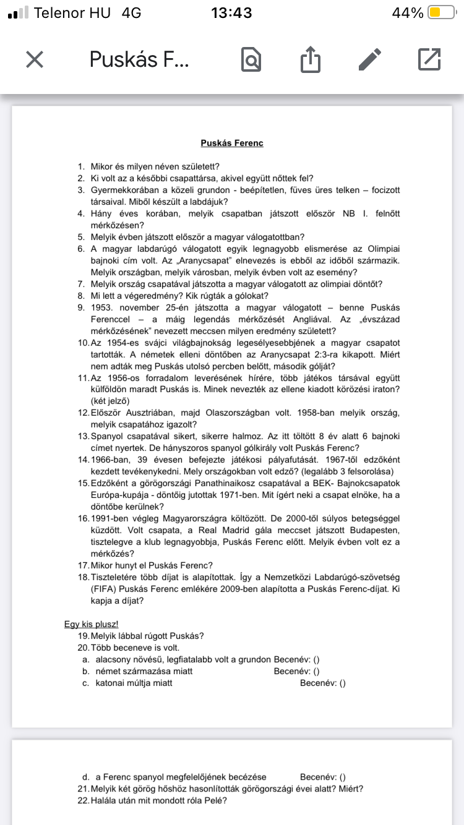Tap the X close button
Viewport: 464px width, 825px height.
35,59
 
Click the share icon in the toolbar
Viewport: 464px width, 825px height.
311,59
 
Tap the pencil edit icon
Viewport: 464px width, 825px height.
371,59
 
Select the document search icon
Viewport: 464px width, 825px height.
251,59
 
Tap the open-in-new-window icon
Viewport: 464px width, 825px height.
429,59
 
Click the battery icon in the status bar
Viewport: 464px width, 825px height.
442,13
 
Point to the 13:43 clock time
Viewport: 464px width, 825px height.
231,13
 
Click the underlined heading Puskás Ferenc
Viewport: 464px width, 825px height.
232,143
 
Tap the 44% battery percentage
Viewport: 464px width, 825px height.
408,13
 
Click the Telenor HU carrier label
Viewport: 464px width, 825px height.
72,13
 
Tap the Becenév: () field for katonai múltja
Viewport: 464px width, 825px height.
322,683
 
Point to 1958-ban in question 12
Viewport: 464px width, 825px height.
317,413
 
